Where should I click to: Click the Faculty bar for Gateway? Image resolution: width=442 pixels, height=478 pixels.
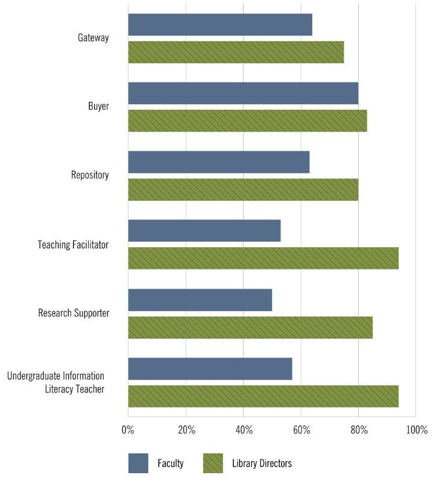(220, 25)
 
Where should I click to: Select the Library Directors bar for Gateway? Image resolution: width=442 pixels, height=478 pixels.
(236, 52)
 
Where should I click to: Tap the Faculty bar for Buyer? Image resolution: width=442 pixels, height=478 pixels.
(243, 93)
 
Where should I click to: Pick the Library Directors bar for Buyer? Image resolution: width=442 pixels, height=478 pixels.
(247, 121)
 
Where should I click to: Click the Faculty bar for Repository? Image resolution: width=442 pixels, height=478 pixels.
(219, 162)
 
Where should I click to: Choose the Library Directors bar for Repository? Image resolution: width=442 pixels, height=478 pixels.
(243, 190)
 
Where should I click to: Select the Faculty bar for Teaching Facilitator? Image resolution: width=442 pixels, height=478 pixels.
(204, 231)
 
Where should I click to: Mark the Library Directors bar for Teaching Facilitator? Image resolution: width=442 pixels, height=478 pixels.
(263, 259)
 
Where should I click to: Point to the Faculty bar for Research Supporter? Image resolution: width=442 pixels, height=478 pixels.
(200, 300)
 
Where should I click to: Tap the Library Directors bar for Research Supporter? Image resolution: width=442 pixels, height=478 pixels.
(250, 327)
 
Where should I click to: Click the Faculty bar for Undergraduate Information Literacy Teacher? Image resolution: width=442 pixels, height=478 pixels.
(210, 368)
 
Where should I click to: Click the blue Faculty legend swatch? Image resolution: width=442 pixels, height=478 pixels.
(138, 463)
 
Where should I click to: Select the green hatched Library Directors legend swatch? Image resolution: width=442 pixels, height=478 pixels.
(213, 463)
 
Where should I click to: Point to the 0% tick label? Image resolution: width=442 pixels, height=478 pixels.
(128, 430)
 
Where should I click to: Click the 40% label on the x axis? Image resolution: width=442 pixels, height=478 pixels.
(244, 430)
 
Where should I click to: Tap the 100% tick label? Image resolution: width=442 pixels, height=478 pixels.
(417, 430)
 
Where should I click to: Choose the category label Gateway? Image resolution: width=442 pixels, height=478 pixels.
(93, 38)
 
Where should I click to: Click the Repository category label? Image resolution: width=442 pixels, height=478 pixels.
(90, 175)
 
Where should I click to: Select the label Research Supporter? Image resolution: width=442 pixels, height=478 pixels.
(74, 313)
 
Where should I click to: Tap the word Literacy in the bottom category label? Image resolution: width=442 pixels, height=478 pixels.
(59, 389)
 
